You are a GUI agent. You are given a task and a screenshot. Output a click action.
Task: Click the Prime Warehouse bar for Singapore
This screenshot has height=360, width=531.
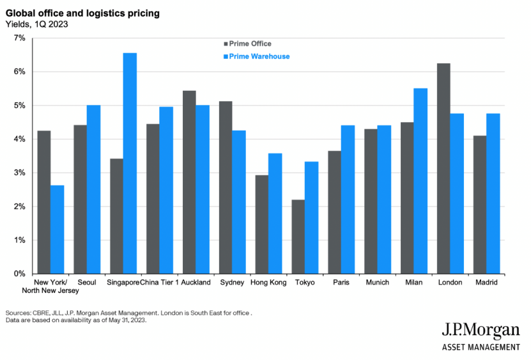130,163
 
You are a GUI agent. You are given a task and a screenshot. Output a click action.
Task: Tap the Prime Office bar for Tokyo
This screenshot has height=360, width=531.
298,237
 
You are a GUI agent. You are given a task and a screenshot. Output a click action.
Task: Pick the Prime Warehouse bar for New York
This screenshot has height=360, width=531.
58,229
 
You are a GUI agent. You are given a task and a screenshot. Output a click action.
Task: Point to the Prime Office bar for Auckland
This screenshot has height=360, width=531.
189,182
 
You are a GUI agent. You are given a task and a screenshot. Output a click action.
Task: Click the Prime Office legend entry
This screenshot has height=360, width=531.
245,44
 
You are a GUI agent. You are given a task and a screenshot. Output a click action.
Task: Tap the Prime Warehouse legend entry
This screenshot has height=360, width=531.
250,56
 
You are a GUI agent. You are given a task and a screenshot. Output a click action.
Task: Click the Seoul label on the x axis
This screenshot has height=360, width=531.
87,282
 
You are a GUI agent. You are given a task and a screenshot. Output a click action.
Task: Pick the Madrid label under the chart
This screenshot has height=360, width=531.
486,282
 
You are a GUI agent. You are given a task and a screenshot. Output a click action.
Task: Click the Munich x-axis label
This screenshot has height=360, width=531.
377,282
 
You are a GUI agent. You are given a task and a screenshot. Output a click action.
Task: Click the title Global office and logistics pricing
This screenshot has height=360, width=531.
82,13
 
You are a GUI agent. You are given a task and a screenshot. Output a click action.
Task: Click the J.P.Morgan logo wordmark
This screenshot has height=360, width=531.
481,331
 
